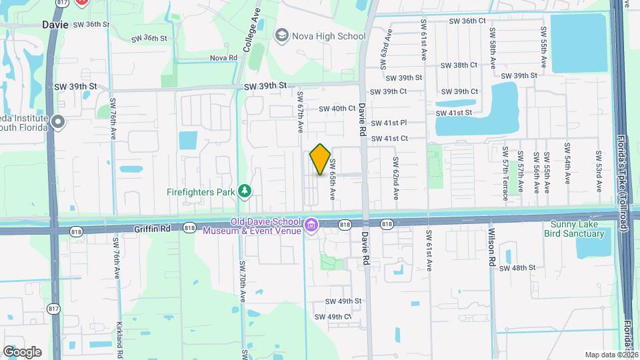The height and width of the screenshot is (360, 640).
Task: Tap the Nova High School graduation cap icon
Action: tap(281, 35)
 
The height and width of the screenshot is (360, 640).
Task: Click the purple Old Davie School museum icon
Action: tap(311, 226)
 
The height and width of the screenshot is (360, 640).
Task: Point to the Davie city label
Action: tap(55, 24)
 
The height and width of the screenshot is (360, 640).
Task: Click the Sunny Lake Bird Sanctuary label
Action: tap(577, 229)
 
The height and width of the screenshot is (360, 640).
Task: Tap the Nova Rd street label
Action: tap(223, 58)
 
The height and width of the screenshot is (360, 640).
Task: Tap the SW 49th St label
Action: tap(343, 301)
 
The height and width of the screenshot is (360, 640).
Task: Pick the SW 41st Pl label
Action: tap(389, 123)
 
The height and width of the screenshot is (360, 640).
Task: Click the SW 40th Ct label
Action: tap(337, 108)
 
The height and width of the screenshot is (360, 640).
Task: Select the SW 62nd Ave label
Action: tap(395, 178)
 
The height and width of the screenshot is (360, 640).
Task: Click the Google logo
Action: tap(22, 351)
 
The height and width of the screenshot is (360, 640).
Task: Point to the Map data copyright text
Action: tap(609, 355)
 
